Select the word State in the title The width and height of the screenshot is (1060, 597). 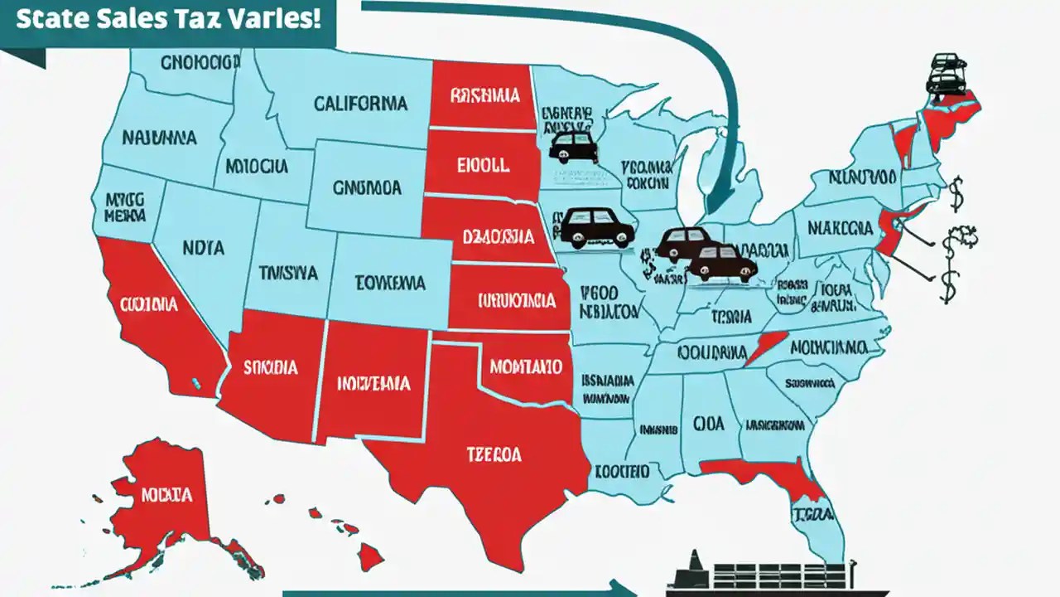pos(48,19)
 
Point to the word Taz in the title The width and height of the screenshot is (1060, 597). pos(196,19)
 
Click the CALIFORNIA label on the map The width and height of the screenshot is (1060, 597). pos(360,104)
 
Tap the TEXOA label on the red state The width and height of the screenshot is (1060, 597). pos(494,454)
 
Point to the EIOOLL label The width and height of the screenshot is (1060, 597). pos(482,165)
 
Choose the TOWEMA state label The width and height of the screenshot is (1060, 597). pos(391,283)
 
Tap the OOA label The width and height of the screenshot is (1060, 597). pos(708,424)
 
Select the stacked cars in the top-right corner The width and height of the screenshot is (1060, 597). pos(947,74)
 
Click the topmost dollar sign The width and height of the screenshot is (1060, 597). pos(957,196)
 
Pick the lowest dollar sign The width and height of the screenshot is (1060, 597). pos(949,286)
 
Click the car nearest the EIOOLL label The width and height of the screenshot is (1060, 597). pos(573,147)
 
